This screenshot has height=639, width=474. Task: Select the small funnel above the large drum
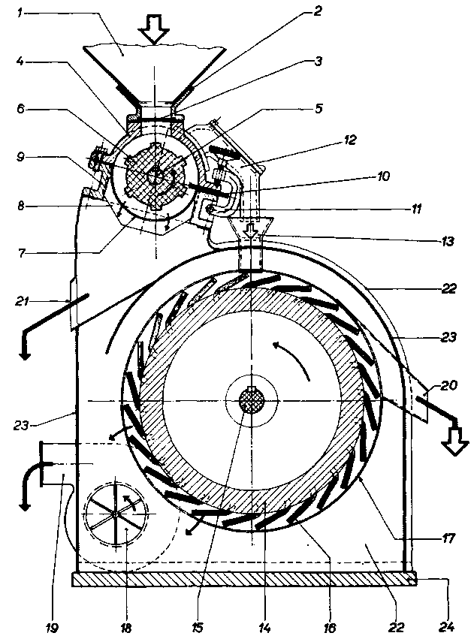pos(251,229)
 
